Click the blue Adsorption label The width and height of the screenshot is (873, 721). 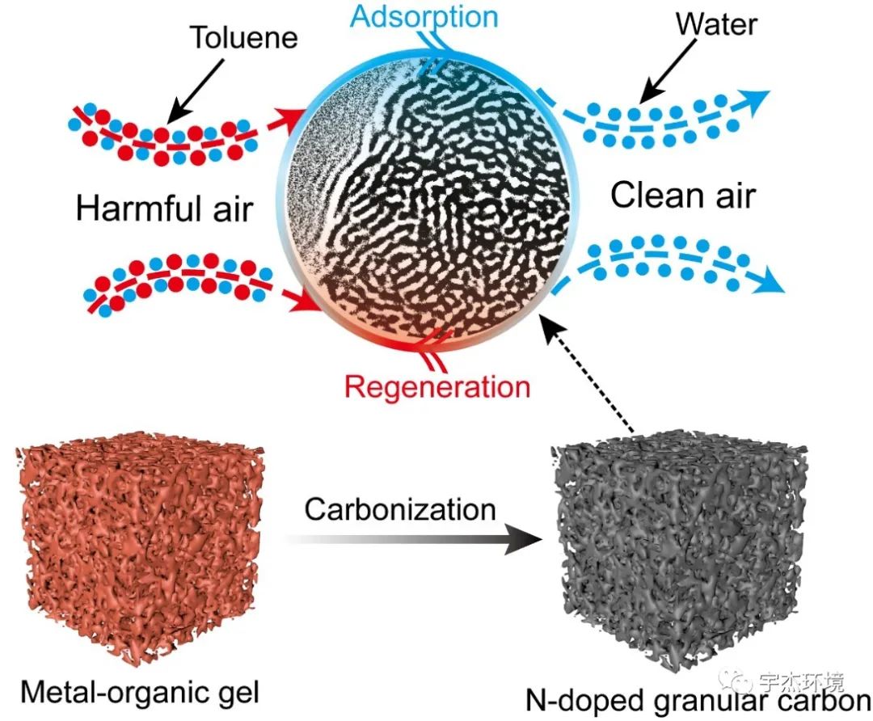424,16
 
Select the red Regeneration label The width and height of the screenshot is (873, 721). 437,386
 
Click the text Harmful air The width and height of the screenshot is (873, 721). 164,208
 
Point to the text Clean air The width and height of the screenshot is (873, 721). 683,195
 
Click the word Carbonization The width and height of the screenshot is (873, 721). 400,510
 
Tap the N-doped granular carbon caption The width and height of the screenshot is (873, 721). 698,700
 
